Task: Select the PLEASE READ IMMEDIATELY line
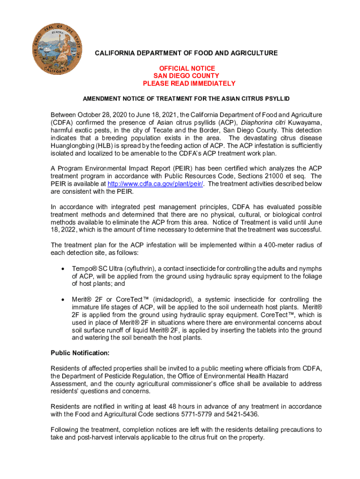tap(189, 83)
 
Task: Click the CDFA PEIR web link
tap(156, 184)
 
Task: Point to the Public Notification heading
tap(80, 352)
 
